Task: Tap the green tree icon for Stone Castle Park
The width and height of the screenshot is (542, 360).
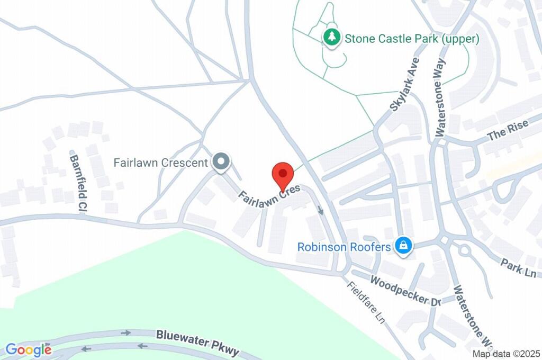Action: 332,38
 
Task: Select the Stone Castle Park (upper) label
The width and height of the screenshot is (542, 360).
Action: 412,39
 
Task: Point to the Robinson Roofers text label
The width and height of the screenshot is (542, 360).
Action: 344,247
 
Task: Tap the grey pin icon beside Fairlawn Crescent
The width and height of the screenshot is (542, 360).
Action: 220,162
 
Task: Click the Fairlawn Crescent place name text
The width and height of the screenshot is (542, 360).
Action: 160,163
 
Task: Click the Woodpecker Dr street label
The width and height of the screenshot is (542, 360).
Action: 406,291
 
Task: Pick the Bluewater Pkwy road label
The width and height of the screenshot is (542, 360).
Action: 197,343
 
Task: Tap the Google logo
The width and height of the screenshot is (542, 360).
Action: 29,349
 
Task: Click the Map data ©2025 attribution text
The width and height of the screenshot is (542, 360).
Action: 505,354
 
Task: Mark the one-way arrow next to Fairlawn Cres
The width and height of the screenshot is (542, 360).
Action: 321,210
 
